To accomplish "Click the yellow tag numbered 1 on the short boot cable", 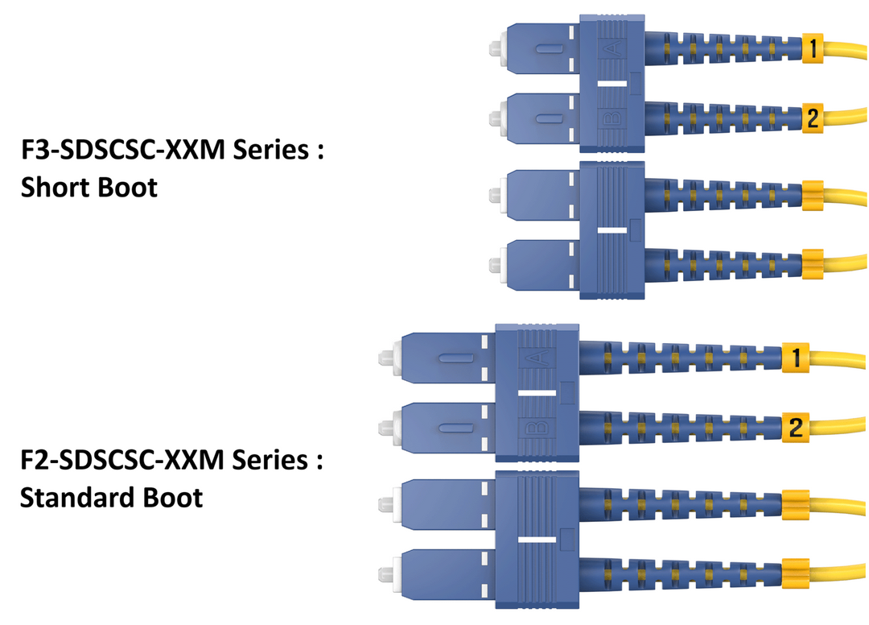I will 812,49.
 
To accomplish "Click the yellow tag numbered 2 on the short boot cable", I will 812,118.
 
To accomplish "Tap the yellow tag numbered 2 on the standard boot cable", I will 796,426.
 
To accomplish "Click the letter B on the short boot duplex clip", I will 612,119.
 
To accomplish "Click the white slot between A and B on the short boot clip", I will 612,83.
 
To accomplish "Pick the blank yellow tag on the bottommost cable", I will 795,571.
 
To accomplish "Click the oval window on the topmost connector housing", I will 546,50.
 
